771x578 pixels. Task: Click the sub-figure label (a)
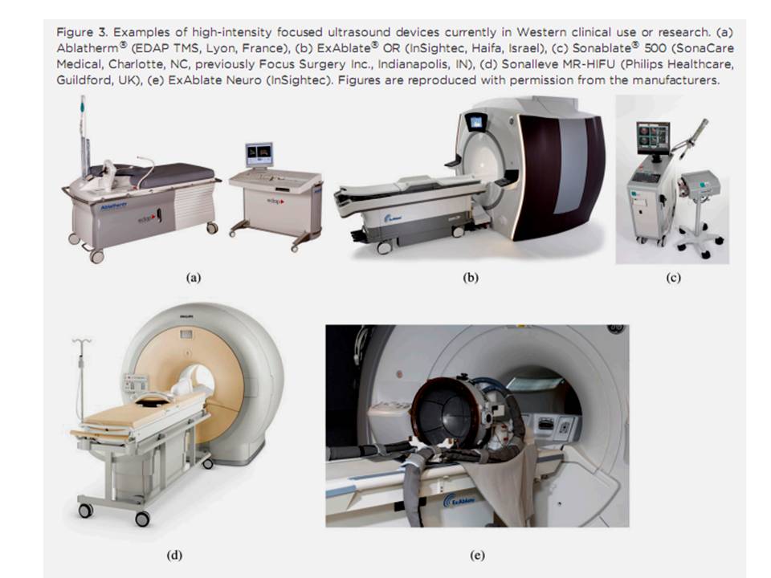(x=194, y=278)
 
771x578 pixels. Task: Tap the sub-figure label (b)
(x=471, y=278)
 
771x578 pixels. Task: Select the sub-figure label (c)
(x=673, y=278)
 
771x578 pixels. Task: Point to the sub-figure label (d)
(x=174, y=556)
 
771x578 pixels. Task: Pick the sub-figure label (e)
(x=477, y=556)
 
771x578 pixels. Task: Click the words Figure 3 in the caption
(x=82, y=32)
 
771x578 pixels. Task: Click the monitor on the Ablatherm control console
(x=259, y=155)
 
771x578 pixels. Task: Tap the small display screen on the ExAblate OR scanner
(x=475, y=121)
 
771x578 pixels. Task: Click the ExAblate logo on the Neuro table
(x=459, y=500)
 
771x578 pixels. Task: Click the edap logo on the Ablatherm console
(x=275, y=201)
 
